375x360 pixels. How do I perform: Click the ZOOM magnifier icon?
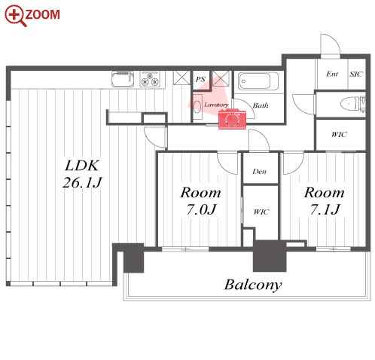click(x=16, y=16)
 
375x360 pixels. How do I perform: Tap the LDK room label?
click(x=82, y=166)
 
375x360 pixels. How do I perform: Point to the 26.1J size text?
click(x=82, y=182)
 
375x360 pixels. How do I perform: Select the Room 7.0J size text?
click(x=201, y=210)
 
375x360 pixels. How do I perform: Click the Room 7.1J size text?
click(x=325, y=210)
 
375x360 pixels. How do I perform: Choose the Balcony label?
click(x=253, y=285)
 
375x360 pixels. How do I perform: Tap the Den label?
click(x=260, y=172)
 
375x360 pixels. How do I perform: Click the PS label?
click(x=200, y=80)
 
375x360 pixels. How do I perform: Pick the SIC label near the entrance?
click(x=356, y=75)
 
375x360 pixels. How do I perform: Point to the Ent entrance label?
click(x=332, y=74)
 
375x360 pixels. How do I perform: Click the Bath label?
click(x=261, y=105)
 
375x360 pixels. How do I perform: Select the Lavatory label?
click(x=216, y=105)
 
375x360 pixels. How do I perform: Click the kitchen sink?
click(x=123, y=79)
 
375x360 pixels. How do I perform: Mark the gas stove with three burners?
click(x=150, y=79)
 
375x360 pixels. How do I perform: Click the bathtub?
click(x=258, y=81)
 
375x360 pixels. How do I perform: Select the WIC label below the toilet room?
click(x=339, y=135)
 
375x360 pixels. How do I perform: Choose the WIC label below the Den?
click(x=261, y=212)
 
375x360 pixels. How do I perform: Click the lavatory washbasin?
click(x=198, y=107)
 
